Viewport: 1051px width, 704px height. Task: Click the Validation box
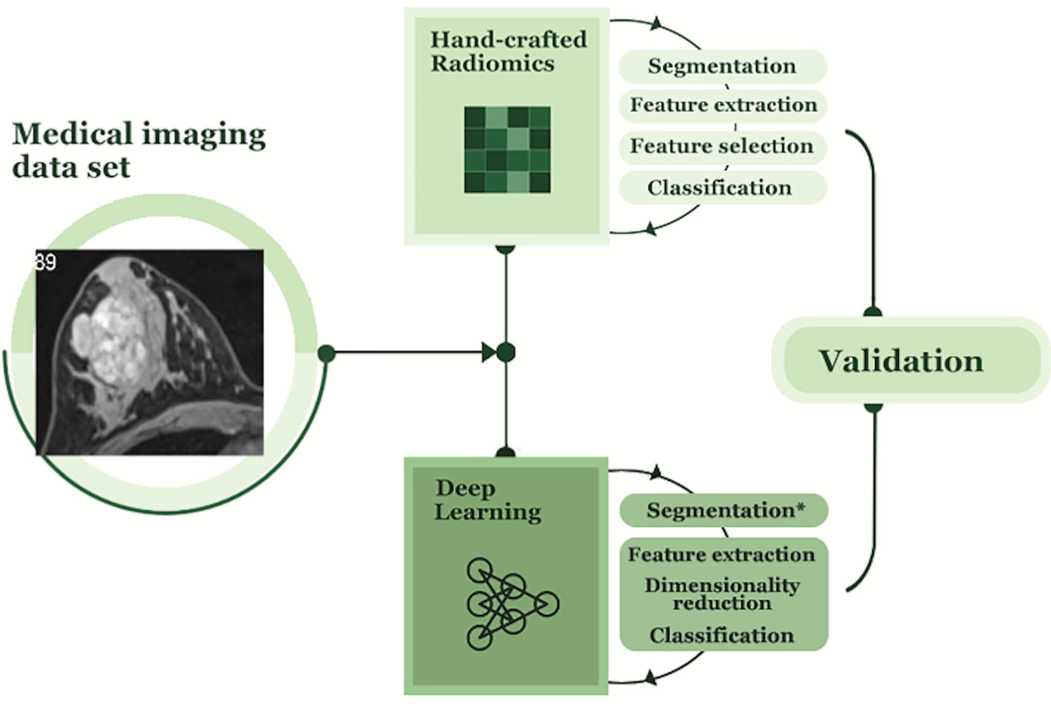[x=901, y=360]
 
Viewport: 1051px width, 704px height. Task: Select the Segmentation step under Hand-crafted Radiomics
[x=722, y=66]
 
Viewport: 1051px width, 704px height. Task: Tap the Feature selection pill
[x=722, y=146]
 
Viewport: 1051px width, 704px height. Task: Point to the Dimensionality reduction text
[x=722, y=594]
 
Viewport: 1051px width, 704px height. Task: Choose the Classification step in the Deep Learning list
[x=722, y=635]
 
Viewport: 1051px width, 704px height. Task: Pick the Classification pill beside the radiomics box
[x=721, y=187]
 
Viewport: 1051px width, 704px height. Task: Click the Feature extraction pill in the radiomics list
[x=723, y=104]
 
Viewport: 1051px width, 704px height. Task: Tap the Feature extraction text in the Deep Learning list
[x=722, y=555]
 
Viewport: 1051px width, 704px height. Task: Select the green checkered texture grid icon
[x=507, y=150]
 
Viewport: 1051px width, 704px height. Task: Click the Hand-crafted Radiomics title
[x=508, y=51]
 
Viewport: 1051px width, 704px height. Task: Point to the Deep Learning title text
[x=488, y=500]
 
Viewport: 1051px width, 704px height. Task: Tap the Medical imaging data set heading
[x=139, y=150]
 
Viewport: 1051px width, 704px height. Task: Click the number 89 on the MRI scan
[x=46, y=262]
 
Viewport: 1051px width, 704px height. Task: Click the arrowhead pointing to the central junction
[x=489, y=353]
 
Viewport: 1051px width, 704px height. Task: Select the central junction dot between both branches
[x=505, y=353]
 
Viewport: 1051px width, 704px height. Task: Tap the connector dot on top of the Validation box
[x=873, y=313]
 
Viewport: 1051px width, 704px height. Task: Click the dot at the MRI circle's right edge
[x=326, y=353]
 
